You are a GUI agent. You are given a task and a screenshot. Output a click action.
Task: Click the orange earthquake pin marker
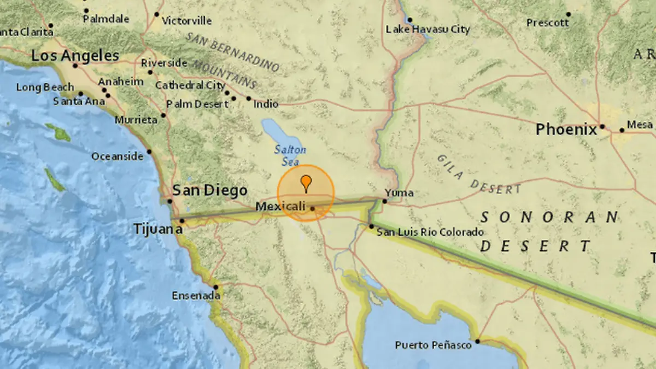(306, 182)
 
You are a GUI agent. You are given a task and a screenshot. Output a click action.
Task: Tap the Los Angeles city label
(75, 55)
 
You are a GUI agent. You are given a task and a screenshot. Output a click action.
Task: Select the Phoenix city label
(566, 130)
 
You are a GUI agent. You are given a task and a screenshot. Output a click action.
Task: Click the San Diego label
(210, 190)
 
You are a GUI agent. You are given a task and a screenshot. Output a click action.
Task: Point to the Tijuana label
(158, 230)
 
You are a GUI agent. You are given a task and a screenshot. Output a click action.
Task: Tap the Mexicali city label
(280, 206)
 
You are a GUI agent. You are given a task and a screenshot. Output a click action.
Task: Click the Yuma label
(399, 193)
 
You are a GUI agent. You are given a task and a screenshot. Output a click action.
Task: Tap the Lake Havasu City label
(427, 30)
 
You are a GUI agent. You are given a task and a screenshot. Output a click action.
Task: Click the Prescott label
(548, 23)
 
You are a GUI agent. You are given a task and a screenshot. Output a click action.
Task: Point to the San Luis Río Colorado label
(430, 232)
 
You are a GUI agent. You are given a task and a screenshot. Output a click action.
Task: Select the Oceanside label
(118, 157)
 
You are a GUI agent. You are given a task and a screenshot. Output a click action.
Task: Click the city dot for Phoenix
(602, 126)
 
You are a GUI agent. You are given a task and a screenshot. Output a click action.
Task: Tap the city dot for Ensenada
(216, 287)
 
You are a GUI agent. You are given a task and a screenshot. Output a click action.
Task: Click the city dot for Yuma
(385, 201)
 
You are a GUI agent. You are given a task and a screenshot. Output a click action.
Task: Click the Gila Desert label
(478, 175)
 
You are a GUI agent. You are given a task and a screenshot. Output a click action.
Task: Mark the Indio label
(266, 104)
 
